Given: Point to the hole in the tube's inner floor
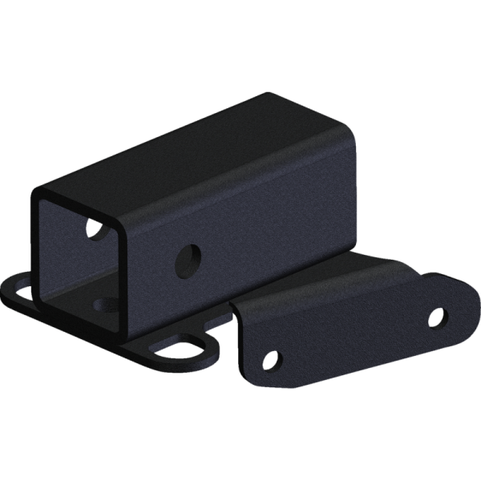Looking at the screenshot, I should point(104,303).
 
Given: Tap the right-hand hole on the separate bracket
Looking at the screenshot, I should point(436,317).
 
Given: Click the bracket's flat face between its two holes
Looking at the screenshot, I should point(353,337).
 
